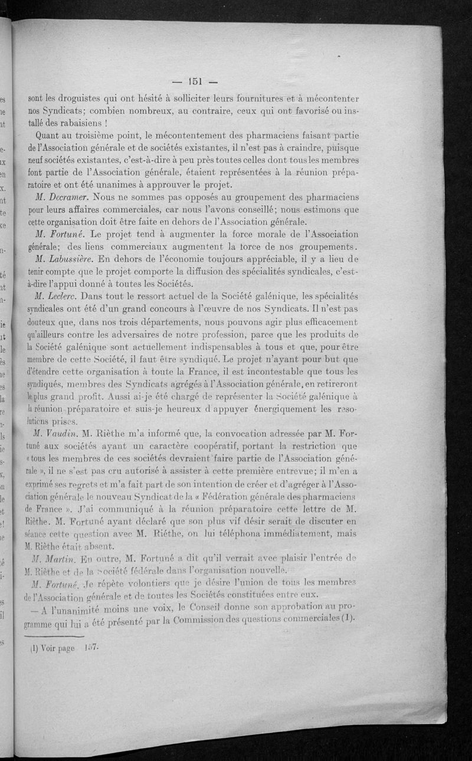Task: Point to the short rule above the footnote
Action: point(56,636)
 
